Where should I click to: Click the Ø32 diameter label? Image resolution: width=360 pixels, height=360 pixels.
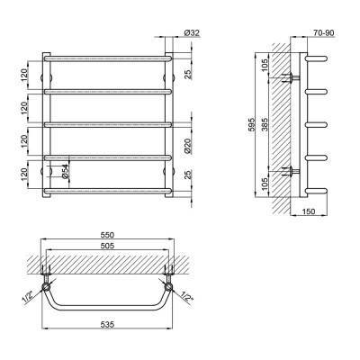192,32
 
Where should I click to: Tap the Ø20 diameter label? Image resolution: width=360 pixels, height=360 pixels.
187,146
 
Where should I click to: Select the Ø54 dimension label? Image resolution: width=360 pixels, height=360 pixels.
66,172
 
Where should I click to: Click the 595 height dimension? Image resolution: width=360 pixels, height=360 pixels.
251,124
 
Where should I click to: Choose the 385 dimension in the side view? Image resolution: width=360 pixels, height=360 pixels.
265,124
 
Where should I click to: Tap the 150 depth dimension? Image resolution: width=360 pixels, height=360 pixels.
308,211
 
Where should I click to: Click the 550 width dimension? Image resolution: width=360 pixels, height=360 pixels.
108,235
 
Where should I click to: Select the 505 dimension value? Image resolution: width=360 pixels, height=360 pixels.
108,246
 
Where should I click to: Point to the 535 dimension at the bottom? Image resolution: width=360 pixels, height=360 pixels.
108,324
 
